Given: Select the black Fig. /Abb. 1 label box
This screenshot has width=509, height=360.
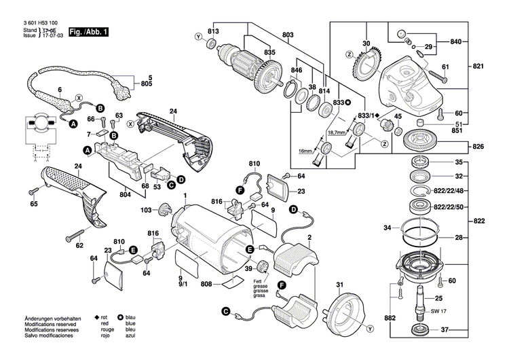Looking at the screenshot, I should (x=88, y=32).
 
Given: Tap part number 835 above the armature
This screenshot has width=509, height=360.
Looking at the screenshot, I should (x=250, y=52).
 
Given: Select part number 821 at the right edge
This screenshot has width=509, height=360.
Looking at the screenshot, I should (x=479, y=68).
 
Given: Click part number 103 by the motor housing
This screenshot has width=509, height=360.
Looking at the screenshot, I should (x=147, y=210).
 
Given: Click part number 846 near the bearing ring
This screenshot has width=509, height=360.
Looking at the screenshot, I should (x=297, y=70).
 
